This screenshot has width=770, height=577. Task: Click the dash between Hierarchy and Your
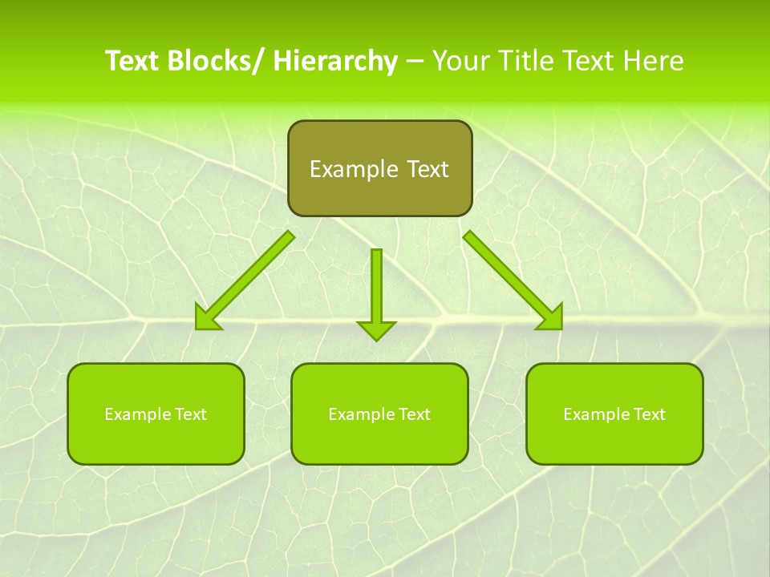(x=415, y=62)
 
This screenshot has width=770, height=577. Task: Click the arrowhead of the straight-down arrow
(x=376, y=329)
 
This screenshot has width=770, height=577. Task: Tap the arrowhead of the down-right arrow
(x=553, y=319)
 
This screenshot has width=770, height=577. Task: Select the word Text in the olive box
(x=426, y=169)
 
